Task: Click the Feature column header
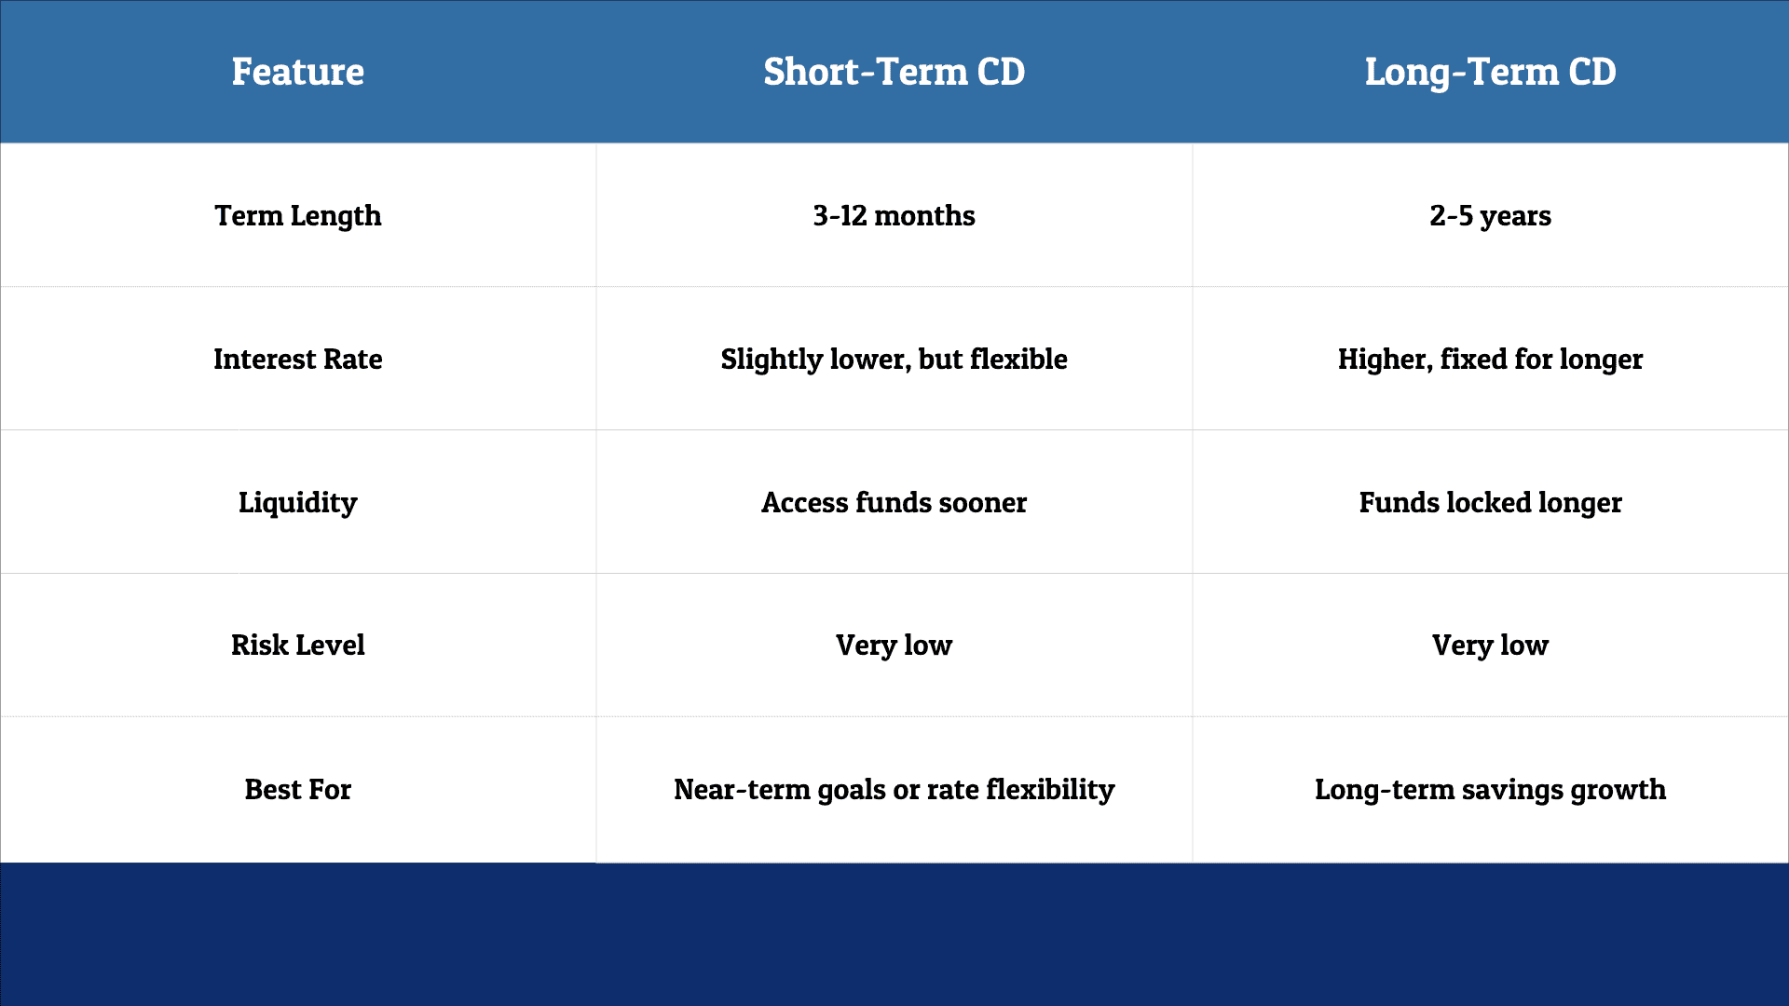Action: [x=298, y=72]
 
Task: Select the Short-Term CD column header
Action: [x=894, y=72]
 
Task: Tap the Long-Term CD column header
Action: [x=1490, y=72]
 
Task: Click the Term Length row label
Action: [x=298, y=215]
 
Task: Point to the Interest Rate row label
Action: [x=298, y=359]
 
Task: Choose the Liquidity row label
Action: [x=298, y=502]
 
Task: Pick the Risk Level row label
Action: [x=298, y=645]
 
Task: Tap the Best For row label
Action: [x=298, y=789]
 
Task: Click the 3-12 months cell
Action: [x=894, y=215]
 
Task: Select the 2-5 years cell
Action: [x=1490, y=215]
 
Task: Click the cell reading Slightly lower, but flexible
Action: [x=894, y=359]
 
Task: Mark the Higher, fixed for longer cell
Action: [x=1490, y=359]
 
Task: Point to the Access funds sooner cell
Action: [x=894, y=502]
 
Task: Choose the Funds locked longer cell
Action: [x=1490, y=502]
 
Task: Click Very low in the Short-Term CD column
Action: [x=894, y=645]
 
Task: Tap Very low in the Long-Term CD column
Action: [x=1490, y=645]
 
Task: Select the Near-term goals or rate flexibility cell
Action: [x=894, y=789]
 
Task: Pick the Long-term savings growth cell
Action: [x=1490, y=789]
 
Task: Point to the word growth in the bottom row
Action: [x=1618, y=789]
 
